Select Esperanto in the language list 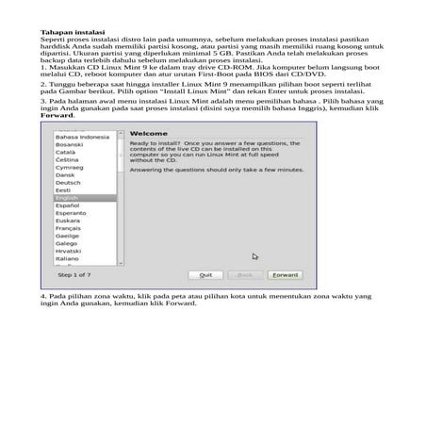[73, 213]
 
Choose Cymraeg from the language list [71, 168]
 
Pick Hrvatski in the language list [71, 251]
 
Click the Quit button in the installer [205, 275]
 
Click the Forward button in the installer [285, 275]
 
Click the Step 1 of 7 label [74, 275]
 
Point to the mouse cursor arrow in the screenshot [254, 255]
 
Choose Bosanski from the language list [71, 144]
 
